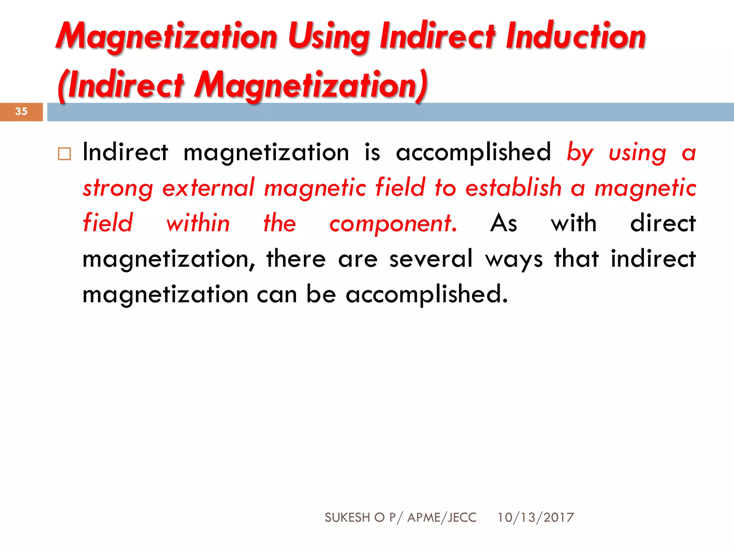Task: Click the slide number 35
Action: (22, 112)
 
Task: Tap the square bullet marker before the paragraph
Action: (65, 154)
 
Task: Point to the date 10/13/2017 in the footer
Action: (535, 517)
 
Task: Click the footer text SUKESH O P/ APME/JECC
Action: (400, 517)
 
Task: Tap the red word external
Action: (208, 188)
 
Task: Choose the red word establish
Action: (513, 188)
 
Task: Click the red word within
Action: (198, 223)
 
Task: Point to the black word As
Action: (504, 223)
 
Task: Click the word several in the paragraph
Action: (431, 259)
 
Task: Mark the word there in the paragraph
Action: (296, 259)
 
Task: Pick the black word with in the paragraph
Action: (573, 223)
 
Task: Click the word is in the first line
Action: (372, 152)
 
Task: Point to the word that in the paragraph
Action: (576, 259)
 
